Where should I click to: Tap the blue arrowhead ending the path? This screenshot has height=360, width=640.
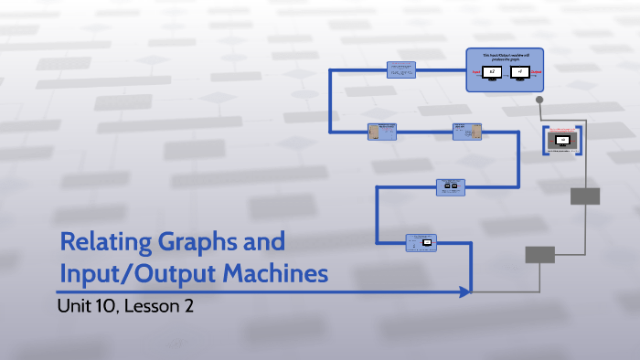(x=465, y=291)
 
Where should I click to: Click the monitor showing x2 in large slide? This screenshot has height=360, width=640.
(x=492, y=72)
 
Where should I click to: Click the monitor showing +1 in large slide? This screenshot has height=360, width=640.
(x=519, y=72)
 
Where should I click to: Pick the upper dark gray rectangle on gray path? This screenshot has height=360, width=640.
(x=584, y=196)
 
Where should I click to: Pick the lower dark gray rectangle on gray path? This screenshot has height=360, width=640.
(x=539, y=255)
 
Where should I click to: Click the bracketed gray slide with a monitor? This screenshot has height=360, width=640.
(x=563, y=141)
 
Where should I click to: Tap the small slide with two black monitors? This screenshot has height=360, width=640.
(x=450, y=186)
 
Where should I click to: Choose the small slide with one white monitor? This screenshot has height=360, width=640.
(x=421, y=242)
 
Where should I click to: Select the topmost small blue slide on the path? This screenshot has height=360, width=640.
(x=401, y=70)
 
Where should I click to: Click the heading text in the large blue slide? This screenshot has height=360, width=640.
(x=506, y=58)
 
